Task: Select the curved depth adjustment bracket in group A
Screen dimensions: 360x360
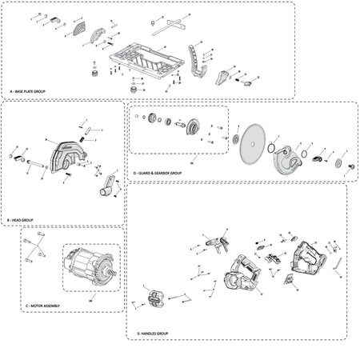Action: coord(194,62)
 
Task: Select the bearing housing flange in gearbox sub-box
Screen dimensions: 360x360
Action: coord(192,127)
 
